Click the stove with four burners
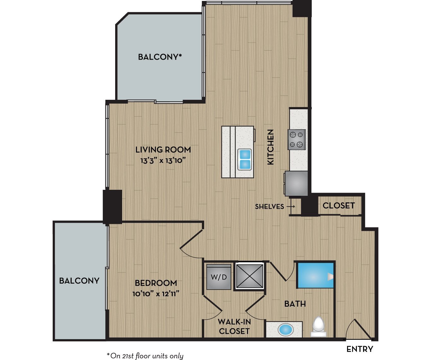[x=297, y=139]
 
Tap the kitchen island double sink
[x=245, y=159]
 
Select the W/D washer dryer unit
[x=219, y=277]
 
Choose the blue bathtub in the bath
[x=315, y=275]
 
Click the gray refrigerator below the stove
[x=296, y=183]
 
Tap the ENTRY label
[x=359, y=349]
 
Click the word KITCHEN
[x=271, y=147]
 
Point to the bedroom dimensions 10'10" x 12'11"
[x=156, y=294]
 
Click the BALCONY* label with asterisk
[x=160, y=57]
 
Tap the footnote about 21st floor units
[x=145, y=356]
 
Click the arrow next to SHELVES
[x=291, y=207]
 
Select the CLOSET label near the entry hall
[x=339, y=206]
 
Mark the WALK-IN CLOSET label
[x=234, y=327]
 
